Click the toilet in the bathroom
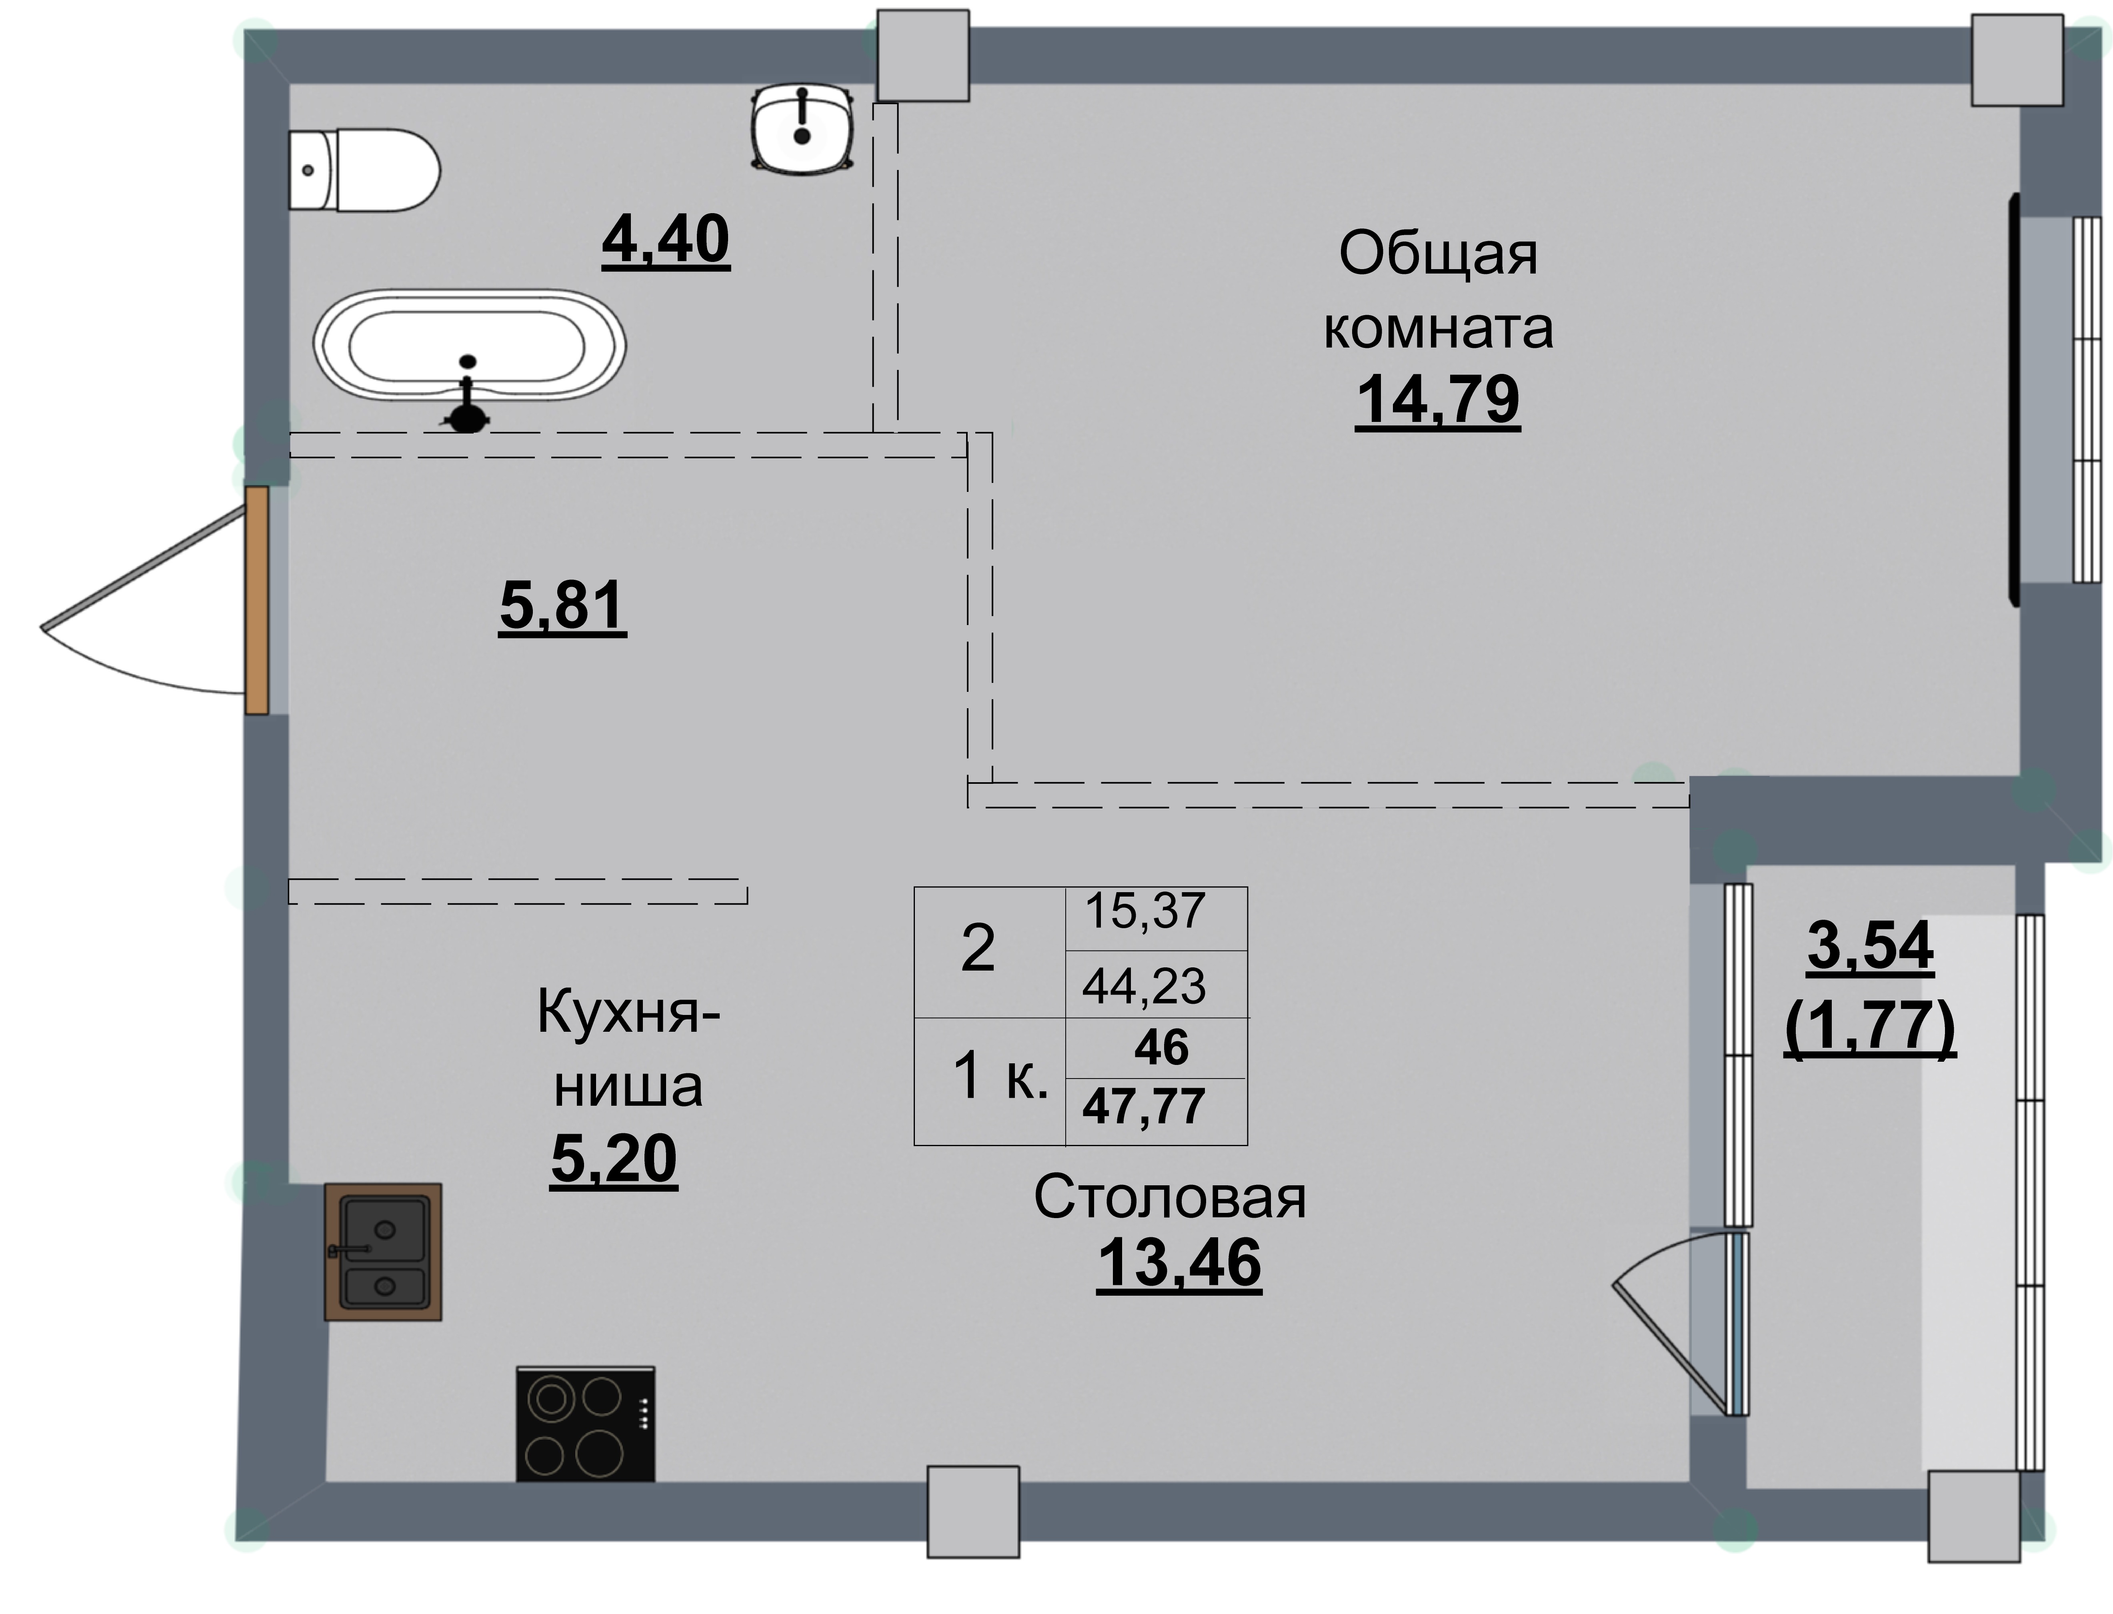pos(365,170)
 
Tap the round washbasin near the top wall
pos(802,130)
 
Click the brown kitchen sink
pos(382,1252)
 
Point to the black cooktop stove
pos(585,1424)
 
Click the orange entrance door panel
pos(256,600)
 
